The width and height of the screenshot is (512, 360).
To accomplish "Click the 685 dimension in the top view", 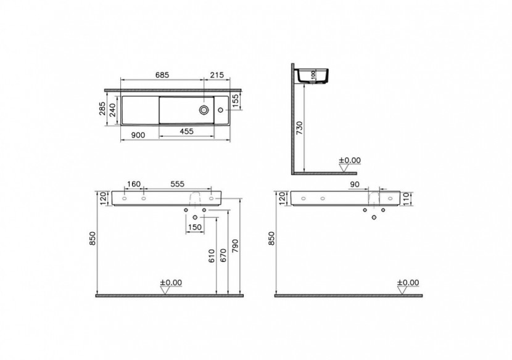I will [x=162, y=75].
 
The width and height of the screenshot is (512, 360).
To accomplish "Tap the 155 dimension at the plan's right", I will [x=235, y=100].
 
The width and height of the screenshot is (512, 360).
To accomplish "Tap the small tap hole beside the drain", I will [x=221, y=110].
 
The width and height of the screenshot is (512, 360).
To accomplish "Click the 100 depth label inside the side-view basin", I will [x=312, y=75].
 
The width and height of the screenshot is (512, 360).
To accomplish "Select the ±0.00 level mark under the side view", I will [x=350, y=160].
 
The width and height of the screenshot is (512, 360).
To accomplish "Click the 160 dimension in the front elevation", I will [x=134, y=184].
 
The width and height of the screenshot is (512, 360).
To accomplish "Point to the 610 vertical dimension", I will [x=211, y=257].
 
